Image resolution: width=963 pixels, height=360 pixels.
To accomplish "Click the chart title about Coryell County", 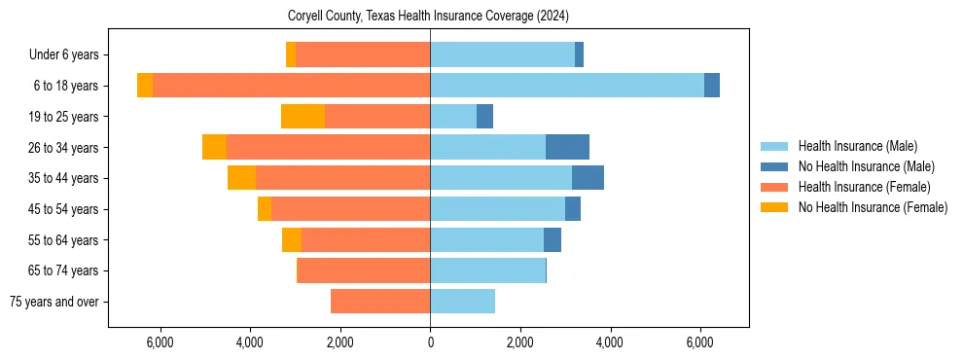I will pos(429,17).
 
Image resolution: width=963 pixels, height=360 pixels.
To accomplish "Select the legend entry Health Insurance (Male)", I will pos(857,146).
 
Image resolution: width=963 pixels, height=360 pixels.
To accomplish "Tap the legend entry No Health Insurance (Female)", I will pos(873,207).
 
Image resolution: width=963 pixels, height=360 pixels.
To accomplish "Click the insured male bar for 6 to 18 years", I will pos(566,86).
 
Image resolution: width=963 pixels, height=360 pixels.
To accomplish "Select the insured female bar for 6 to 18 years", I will pos(291,86).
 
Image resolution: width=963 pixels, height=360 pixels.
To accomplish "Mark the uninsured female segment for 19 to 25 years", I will pos(303,117).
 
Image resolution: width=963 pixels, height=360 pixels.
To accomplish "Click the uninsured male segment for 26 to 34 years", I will pos(567,147).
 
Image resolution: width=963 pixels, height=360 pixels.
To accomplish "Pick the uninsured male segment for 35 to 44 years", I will pos(588,178).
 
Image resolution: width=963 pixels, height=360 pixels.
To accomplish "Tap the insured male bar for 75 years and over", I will pos(462,302).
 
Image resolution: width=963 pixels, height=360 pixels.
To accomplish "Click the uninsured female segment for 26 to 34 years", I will pos(214,147).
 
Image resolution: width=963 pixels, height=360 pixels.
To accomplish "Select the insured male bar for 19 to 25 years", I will pos(453,117).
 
